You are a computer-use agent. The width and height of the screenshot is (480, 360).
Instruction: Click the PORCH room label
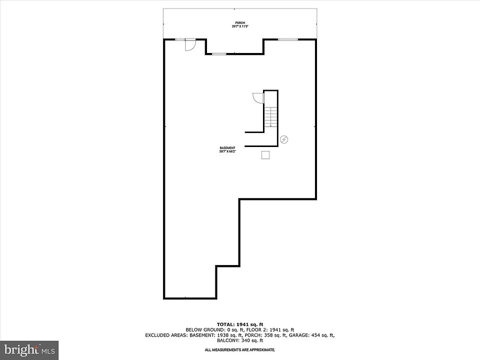pos(240,23)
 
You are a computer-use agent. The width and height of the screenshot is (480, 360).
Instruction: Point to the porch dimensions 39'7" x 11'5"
pos(240,26)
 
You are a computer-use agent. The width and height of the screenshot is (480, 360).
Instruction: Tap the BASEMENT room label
pos(227,147)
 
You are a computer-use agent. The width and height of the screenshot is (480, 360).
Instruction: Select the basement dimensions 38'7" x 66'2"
pos(227,151)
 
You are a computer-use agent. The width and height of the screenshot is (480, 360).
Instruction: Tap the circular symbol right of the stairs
pos(284,139)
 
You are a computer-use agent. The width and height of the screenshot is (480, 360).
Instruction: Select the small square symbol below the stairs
pos(265,155)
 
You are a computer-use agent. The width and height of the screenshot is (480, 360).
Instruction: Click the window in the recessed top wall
pos(218,53)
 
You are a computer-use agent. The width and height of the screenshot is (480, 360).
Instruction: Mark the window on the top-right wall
pos(288,39)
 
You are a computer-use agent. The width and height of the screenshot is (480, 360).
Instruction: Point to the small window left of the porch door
pos(178,39)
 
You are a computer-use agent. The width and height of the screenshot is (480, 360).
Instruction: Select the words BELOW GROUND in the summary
pos(201,330)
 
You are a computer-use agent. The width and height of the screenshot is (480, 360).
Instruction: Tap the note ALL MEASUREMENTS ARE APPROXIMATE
pos(240,350)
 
